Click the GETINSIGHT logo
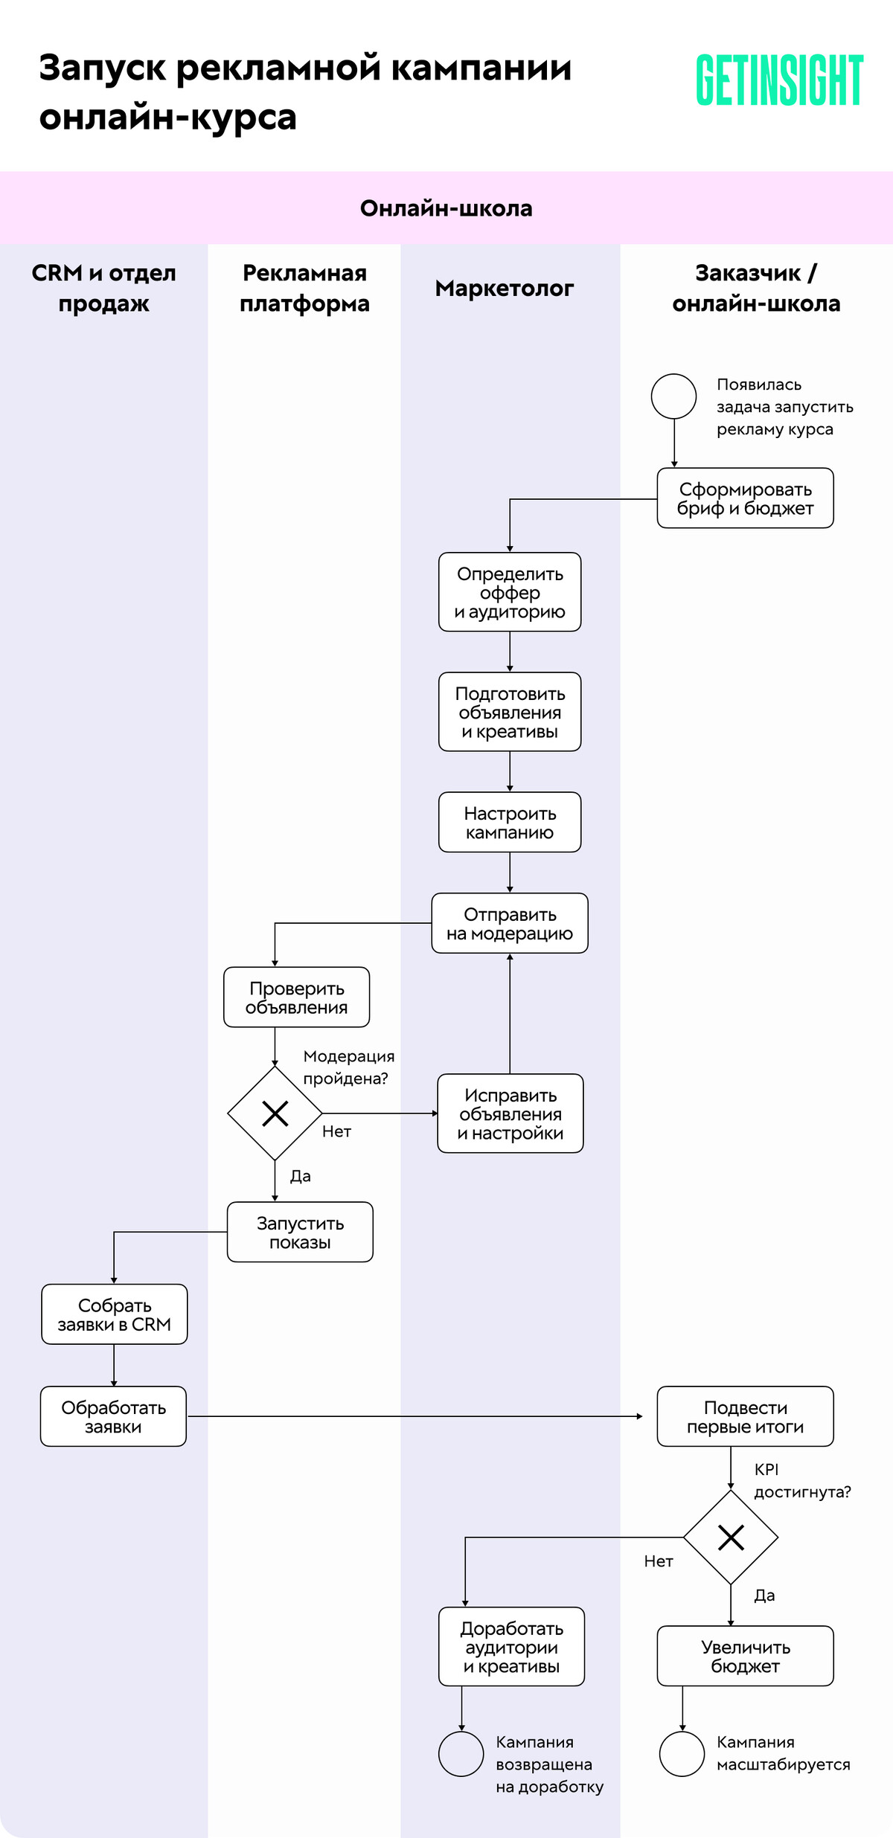click(x=779, y=80)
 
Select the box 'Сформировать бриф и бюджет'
click(x=745, y=498)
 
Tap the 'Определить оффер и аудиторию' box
click(x=510, y=592)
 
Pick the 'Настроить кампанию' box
click(x=510, y=822)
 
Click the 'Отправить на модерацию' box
click(x=510, y=923)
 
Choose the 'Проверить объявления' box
click(x=297, y=997)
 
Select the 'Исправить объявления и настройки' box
click(x=510, y=1114)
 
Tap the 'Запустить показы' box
click(x=300, y=1233)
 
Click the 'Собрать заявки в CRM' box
click(x=115, y=1314)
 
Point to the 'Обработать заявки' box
click(x=113, y=1416)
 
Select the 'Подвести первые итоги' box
click(x=745, y=1416)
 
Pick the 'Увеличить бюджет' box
click(x=745, y=1656)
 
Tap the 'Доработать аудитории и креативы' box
click(x=511, y=1647)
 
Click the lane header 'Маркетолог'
click(x=505, y=289)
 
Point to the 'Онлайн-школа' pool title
click(x=446, y=208)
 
